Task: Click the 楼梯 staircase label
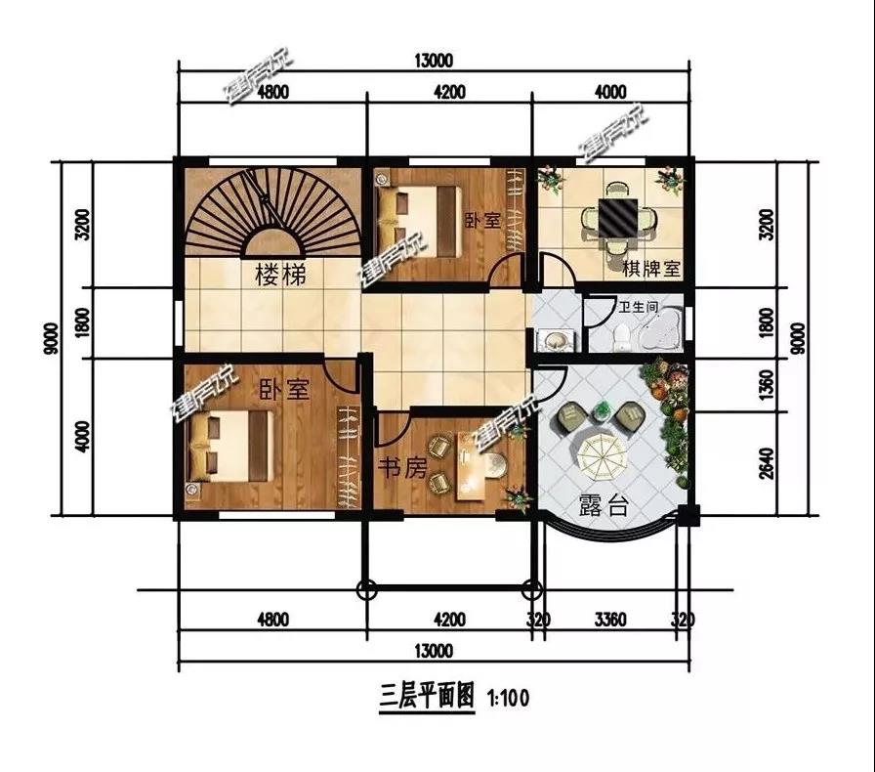(280, 275)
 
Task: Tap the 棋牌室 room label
(651, 270)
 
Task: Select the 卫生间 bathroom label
(639, 307)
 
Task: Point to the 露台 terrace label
(604, 505)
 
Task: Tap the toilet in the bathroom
(620, 338)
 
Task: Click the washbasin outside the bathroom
(555, 340)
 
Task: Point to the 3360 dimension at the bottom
(610, 620)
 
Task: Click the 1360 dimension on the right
(768, 384)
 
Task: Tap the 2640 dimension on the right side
(768, 463)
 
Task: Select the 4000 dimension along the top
(610, 92)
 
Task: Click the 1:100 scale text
(508, 698)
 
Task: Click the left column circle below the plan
(365, 589)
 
